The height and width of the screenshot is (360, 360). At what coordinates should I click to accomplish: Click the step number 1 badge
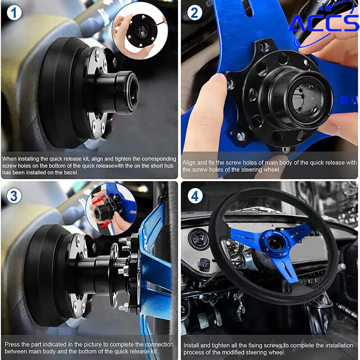[x=14, y=13]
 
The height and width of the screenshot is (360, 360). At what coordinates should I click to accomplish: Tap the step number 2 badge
[x=194, y=13]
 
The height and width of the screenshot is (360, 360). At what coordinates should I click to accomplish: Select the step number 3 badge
[x=14, y=196]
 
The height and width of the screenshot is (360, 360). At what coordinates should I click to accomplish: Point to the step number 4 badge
[x=195, y=196]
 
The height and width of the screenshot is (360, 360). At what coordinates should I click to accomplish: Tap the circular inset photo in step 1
[x=140, y=31]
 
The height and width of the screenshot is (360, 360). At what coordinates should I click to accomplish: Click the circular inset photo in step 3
[x=111, y=209]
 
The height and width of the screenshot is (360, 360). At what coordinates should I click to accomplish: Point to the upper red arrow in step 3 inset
[x=97, y=201]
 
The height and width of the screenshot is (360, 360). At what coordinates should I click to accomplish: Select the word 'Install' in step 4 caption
[x=191, y=345]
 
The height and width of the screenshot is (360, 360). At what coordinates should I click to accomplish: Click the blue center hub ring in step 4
[x=275, y=243]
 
